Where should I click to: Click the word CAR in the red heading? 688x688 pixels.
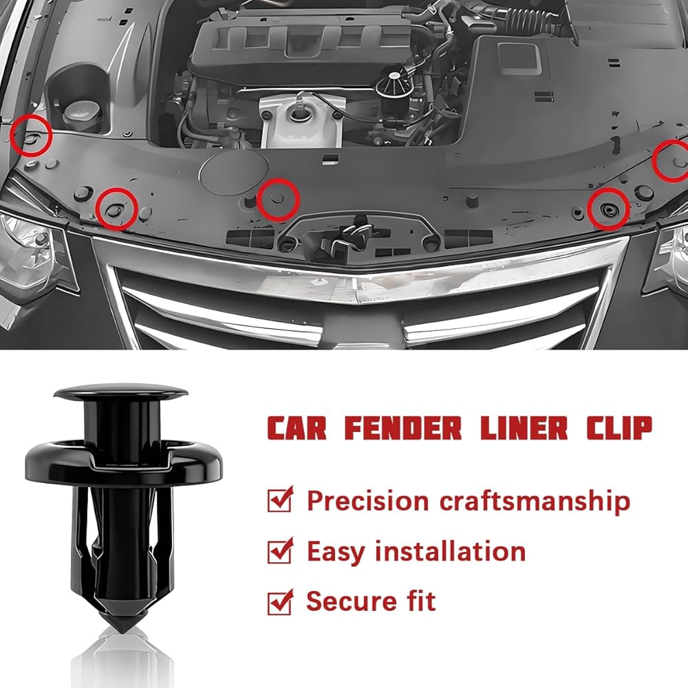297,428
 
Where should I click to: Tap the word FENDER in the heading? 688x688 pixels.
402,428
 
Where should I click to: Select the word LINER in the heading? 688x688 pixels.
524,428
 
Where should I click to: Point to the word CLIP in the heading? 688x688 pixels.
620,428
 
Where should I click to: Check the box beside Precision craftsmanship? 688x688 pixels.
280,499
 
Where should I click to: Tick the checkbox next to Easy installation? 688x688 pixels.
280,550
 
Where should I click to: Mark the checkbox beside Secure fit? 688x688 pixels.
280,601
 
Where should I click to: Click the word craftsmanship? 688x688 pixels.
535,501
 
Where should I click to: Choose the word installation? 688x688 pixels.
450,551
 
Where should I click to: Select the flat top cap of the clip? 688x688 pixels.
120,392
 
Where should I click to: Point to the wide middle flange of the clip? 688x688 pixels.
124,462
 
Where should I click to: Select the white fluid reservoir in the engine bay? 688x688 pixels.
301,120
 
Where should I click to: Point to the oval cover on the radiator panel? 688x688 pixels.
234,172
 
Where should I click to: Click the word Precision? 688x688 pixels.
367,500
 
